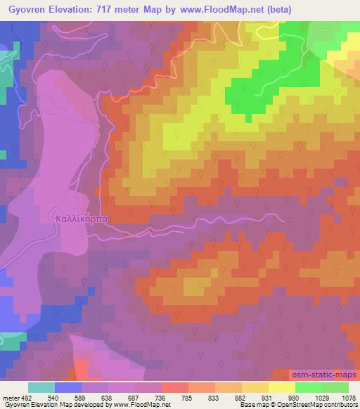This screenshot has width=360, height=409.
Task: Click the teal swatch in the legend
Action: (x=41, y=388)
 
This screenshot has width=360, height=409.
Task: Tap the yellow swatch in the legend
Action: (x=281, y=388)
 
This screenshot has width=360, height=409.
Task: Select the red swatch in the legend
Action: (x=174, y=388)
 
